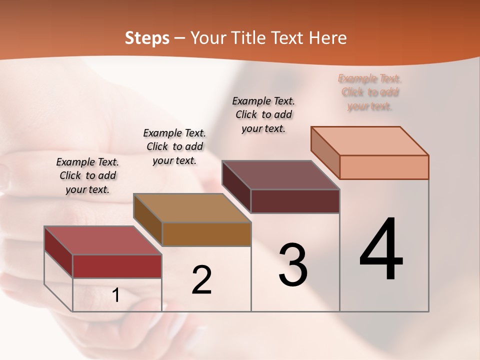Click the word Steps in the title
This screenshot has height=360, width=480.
click(x=147, y=38)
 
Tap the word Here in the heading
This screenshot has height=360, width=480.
click(x=327, y=38)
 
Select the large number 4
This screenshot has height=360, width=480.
click(x=381, y=250)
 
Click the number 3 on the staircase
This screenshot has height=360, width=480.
click(x=293, y=265)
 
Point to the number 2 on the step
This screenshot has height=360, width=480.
click(x=201, y=280)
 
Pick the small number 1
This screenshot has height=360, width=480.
click(x=116, y=295)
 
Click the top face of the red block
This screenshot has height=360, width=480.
click(x=103, y=240)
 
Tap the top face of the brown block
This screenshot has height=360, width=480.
click(x=192, y=208)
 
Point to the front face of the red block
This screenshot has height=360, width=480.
click(x=117, y=266)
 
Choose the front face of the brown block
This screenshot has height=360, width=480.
click(x=206, y=234)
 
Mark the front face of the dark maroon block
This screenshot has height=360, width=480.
click(x=295, y=201)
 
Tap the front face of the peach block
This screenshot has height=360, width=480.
click(x=384, y=167)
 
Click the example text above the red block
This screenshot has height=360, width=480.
click(x=87, y=175)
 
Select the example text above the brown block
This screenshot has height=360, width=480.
click(x=174, y=146)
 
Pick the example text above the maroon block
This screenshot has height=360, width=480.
click(x=263, y=114)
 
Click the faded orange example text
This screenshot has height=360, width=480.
click(x=370, y=92)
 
